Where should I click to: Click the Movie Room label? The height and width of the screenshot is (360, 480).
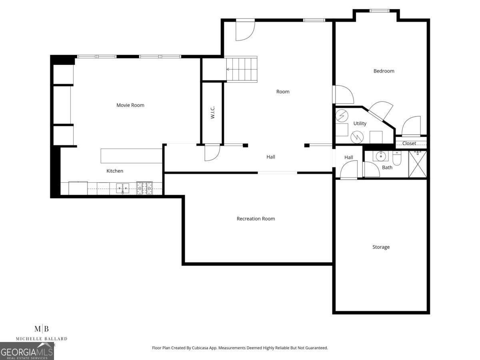pyautogui.click(x=130, y=105)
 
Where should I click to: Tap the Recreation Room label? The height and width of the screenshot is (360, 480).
pyautogui.click(x=256, y=219)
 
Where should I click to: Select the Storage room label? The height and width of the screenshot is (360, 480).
pyautogui.click(x=381, y=247)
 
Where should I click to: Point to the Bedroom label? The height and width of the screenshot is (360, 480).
pyautogui.click(x=384, y=71)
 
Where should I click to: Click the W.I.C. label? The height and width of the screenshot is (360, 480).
pyautogui.click(x=212, y=112)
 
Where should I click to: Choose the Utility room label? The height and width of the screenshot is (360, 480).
pyautogui.click(x=360, y=124)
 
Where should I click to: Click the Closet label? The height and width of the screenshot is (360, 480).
pyautogui.click(x=409, y=143)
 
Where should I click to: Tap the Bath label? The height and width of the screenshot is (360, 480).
pyautogui.click(x=387, y=168)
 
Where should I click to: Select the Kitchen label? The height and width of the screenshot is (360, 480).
pyautogui.click(x=115, y=171)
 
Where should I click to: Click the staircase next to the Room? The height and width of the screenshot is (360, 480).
pyautogui.click(x=242, y=69)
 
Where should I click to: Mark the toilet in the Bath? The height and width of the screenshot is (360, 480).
pyautogui.click(x=397, y=159)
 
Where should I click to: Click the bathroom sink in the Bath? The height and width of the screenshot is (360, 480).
pyautogui.click(x=380, y=156)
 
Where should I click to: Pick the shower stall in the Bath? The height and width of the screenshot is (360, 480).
pyautogui.click(x=417, y=164)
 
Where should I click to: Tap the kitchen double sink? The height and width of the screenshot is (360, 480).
pyautogui.click(x=123, y=188)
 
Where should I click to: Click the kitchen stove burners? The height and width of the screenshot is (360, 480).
pyautogui.click(x=144, y=188)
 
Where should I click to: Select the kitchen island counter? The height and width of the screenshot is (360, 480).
pyautogui.click(x=131, y=156)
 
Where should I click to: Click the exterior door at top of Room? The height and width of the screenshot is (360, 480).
pyautogui.click(x=245, y=29)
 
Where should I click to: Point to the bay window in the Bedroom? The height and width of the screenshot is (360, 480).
pyautogui.click(x=376, y=11)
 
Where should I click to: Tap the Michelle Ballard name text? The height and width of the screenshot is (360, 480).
pyautogui.click(x=42, y=339)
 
